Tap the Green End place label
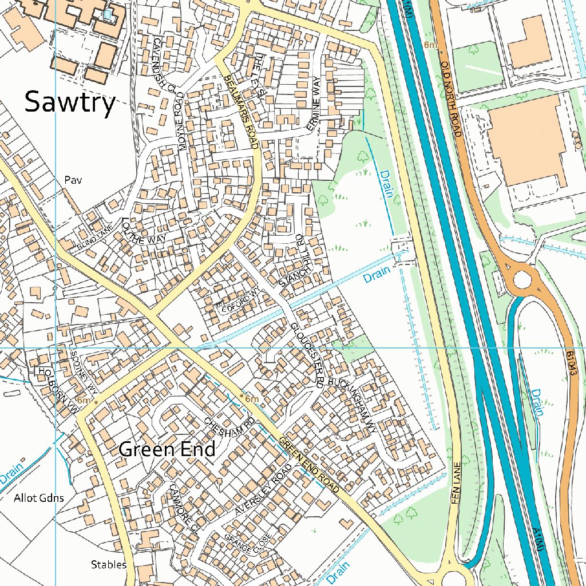click(x=167, y=449)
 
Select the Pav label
click(x=73, y=180)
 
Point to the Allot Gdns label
click(x=39, y=498)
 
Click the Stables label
click(x=109, y=565)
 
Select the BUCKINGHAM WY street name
click(x=354, y=395)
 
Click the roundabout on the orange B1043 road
click(x=522, y=280)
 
